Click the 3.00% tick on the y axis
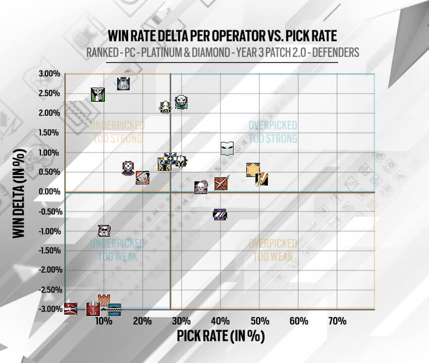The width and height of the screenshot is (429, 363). (49, 74)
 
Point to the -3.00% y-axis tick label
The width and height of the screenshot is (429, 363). (48, 309)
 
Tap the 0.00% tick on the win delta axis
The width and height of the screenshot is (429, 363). (49, 192)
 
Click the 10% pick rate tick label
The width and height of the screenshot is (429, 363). (103, 321)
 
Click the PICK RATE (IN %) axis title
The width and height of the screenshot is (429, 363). (220, 336)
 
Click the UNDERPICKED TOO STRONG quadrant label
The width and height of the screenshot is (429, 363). (117, 131)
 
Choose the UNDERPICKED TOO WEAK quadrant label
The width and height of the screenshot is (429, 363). (117, 250)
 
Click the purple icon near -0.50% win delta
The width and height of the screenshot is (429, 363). (220, 214)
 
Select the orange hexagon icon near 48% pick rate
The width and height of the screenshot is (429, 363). (253, 170)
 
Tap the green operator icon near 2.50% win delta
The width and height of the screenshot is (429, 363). (97, 94)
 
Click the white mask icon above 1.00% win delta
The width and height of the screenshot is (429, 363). (228, 148)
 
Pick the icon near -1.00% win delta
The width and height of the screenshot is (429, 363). (104, 231)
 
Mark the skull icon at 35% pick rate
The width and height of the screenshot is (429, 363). (201, 188)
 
